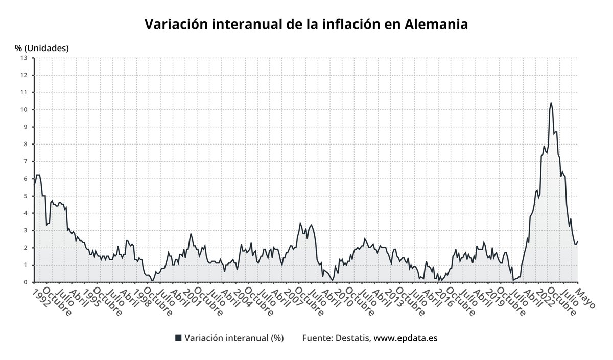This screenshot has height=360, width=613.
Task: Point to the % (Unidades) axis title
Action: (x=42, y=49)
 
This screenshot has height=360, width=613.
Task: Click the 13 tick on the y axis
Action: (x=23, y=58)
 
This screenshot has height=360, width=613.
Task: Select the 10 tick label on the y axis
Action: (x=23, y=110)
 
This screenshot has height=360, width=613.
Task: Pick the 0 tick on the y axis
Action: (x=25, y=282)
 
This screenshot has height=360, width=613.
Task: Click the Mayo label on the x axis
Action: (x=585, y=298)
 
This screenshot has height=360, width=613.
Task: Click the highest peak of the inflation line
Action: (x=551, y=103)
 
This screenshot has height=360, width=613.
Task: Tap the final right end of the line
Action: (x=578, y=241)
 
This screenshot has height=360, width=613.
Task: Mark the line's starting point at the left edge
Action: (x=34, y=185)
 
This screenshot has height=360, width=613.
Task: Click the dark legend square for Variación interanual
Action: (x=178, y=338)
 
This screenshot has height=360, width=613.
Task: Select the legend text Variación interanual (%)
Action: (x=234, y=338)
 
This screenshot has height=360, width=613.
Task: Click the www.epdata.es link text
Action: (x=406, y=338)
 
